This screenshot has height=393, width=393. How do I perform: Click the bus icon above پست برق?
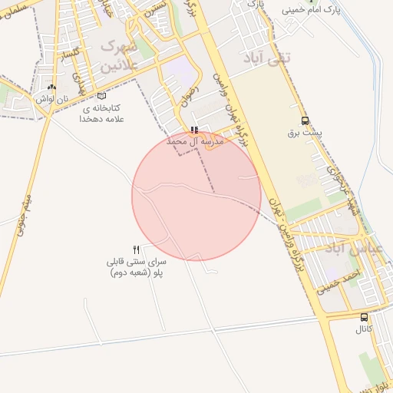[x=305, y=121]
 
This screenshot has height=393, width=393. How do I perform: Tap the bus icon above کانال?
[x=364, y=317]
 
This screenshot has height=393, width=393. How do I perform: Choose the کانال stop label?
[x=363, y=329]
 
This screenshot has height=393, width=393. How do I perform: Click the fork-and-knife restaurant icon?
[x=137, y=249]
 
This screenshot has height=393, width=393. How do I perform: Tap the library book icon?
[x=102, y=97]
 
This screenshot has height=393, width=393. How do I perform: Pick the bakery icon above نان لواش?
[x=51, y=88]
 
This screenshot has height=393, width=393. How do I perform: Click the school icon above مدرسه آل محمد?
[x=194, y=130]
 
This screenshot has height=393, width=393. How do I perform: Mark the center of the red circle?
[x=196, y=196]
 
